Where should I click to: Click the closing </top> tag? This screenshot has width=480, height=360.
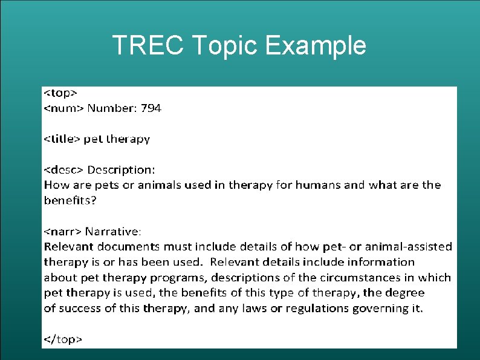click(62, 339)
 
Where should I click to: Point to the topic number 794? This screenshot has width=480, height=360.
click(151, 108)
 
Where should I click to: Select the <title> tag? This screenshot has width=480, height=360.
click(62, 139)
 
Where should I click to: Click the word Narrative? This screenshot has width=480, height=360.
click(114, 231)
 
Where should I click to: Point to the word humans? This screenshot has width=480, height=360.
click(318, 185)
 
